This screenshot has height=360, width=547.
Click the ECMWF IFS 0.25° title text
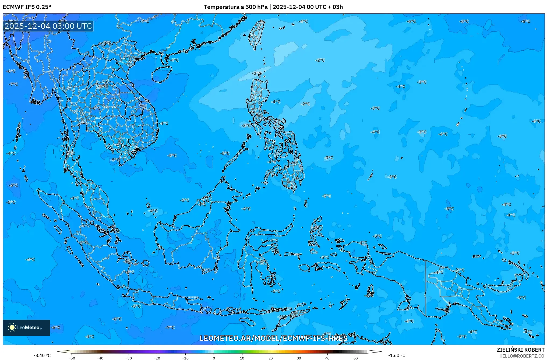(x=27, y=7)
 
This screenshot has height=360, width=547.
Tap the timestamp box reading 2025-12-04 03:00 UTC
(x=48, y=26)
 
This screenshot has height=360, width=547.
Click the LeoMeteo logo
(x=26, y=327)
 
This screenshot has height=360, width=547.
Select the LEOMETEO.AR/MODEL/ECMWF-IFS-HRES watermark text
(x=273, y=338)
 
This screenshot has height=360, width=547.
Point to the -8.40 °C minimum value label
(x=42, y=355)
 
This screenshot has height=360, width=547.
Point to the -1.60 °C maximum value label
(x=397, y=355)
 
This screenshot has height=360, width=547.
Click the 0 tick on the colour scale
(x=214, y=358)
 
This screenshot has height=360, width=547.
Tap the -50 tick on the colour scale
(x=72, y=358)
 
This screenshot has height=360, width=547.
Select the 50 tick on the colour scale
(x=356, y=358)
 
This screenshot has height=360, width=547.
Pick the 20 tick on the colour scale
(x=271, y=358)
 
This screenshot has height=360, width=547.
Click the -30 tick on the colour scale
(x=129, y=358)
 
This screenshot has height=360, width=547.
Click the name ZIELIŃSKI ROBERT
(x=521, y=350)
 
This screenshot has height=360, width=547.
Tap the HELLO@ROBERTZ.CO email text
(x=522, y=356)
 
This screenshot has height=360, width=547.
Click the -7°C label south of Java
(x=170, y=327)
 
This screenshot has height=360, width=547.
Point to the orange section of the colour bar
(x=293, y=352)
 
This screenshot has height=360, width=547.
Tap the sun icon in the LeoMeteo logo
(x=12, y=327)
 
